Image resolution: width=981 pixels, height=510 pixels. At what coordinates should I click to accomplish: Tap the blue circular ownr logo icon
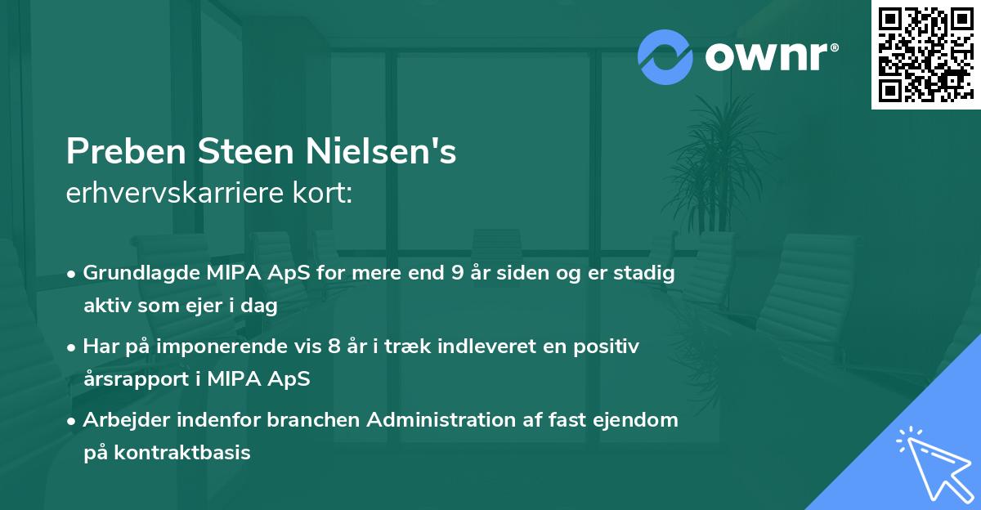(x=665, y=56)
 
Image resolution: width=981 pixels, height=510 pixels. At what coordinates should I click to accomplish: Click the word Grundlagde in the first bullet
(x=136, y=273)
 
